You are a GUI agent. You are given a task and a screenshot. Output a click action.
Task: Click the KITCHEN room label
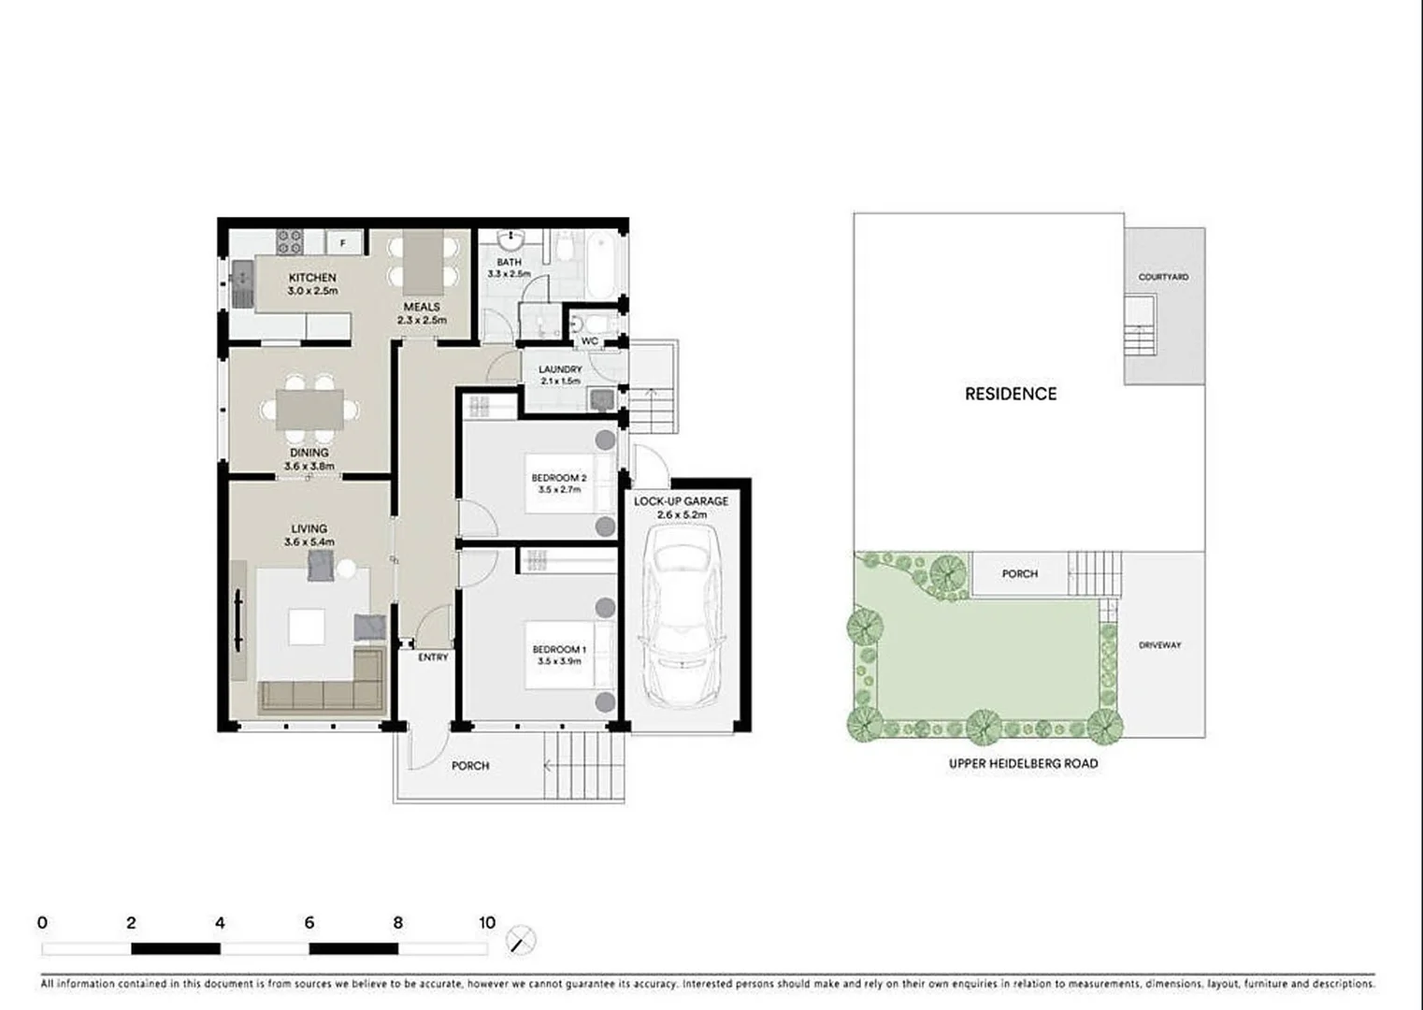312,278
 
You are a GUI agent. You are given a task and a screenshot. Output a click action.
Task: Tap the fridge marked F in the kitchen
343,243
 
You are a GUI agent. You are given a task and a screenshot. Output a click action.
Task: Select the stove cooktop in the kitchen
289,242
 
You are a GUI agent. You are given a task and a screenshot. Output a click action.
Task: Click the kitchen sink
242,277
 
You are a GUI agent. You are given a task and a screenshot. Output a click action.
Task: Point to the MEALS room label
422,307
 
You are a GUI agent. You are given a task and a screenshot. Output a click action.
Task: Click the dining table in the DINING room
309,410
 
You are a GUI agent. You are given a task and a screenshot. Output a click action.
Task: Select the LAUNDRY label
560,369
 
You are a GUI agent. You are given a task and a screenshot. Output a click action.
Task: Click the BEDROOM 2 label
559,478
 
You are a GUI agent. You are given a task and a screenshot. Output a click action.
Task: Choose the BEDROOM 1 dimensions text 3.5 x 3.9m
559,661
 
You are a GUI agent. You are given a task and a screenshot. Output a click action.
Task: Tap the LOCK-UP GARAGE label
681,501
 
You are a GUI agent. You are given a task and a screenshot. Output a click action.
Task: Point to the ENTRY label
433,657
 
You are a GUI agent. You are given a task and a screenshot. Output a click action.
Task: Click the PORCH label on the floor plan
470,766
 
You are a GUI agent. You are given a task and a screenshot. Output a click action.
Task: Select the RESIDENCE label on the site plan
1011,394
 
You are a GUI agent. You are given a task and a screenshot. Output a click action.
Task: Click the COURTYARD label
1163,277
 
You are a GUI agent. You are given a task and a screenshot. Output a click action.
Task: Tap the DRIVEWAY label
1159,645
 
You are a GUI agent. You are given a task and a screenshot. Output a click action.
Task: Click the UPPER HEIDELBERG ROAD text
1023,763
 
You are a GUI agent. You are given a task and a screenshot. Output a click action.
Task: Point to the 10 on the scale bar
486,923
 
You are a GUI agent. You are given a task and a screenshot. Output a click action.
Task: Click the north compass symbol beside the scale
521,940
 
